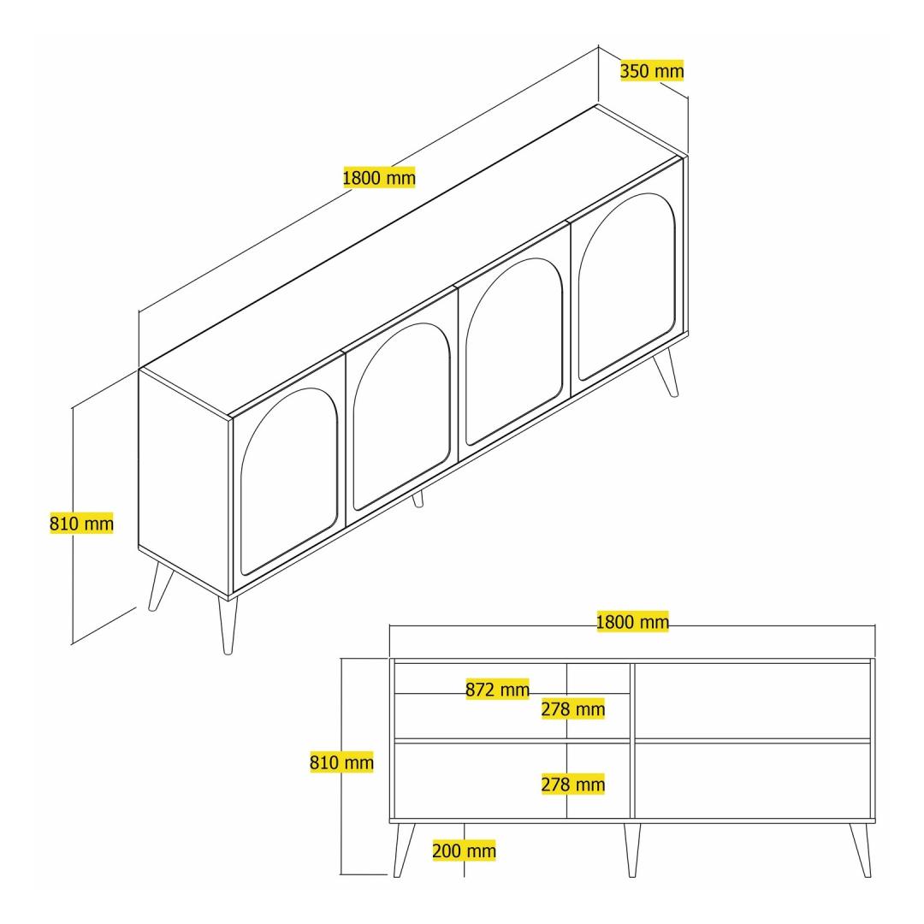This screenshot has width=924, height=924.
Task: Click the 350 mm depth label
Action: point(652,71)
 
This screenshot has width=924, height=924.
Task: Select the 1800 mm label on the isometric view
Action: point(379,177)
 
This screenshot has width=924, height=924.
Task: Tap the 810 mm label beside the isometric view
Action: point(81,524)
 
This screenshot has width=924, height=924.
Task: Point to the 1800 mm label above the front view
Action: point(632,622)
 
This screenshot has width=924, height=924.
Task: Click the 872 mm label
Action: point(497,689)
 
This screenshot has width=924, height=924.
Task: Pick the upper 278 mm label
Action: point(572,709)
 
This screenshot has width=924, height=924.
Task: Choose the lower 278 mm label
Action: point(572,785)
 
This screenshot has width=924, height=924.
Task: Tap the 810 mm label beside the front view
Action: point(341,762)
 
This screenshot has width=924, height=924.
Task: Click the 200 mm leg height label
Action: point(464,850)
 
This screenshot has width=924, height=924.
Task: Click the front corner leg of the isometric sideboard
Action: point(227,625)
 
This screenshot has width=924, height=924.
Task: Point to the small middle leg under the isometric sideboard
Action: point(418,499)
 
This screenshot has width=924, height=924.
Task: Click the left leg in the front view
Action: point(404,850)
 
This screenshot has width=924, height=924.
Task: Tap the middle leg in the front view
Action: point(631,850)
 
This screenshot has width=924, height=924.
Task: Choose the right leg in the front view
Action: point(861,850)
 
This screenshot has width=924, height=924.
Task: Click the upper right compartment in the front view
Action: point(753,701)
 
